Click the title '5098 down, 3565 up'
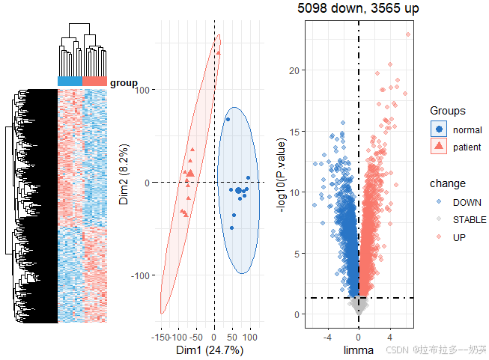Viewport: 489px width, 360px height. (x=358, y=9)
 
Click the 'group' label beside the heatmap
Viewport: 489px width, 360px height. (x=124, y=83)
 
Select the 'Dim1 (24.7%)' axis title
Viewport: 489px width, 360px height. (x=209, y=349)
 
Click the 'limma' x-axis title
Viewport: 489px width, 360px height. (x=358, y=349)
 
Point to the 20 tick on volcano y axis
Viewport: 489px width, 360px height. (x=295, y=70)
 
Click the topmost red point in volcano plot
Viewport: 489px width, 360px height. (x=408, y=34)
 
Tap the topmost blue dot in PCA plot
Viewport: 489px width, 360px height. (x=228, y=118)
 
